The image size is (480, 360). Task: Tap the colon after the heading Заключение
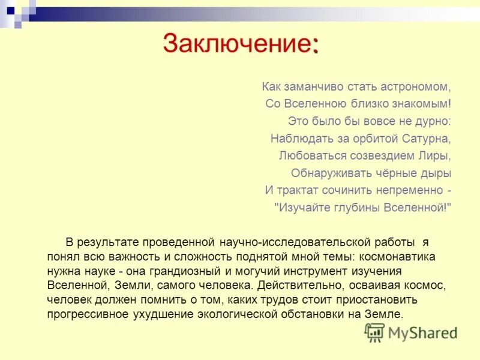[315, 46]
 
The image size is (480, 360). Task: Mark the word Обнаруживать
[328, 173]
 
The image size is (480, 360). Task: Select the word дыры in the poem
[436, 173]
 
